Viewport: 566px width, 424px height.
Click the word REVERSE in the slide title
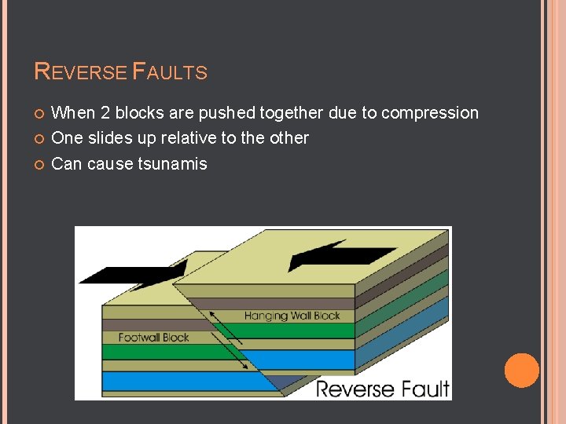(x=81, y=72)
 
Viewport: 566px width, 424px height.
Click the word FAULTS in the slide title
(x=171, y=72)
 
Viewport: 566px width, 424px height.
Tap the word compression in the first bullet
(x=430, y=113)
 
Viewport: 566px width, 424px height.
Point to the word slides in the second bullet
(x=106, y=138)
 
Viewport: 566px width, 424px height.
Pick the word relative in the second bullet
(x=189, y=138)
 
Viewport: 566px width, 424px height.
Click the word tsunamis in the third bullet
(x=173, y=164)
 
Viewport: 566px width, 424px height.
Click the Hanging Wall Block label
(x=292, y=316)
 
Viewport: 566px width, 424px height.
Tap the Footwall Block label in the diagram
(x=154, y=338)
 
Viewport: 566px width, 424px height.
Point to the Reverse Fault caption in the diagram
(x=382, y=389)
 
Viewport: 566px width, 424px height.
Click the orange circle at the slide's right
(x=521, y=371)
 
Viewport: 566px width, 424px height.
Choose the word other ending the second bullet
(x=289, y=138)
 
